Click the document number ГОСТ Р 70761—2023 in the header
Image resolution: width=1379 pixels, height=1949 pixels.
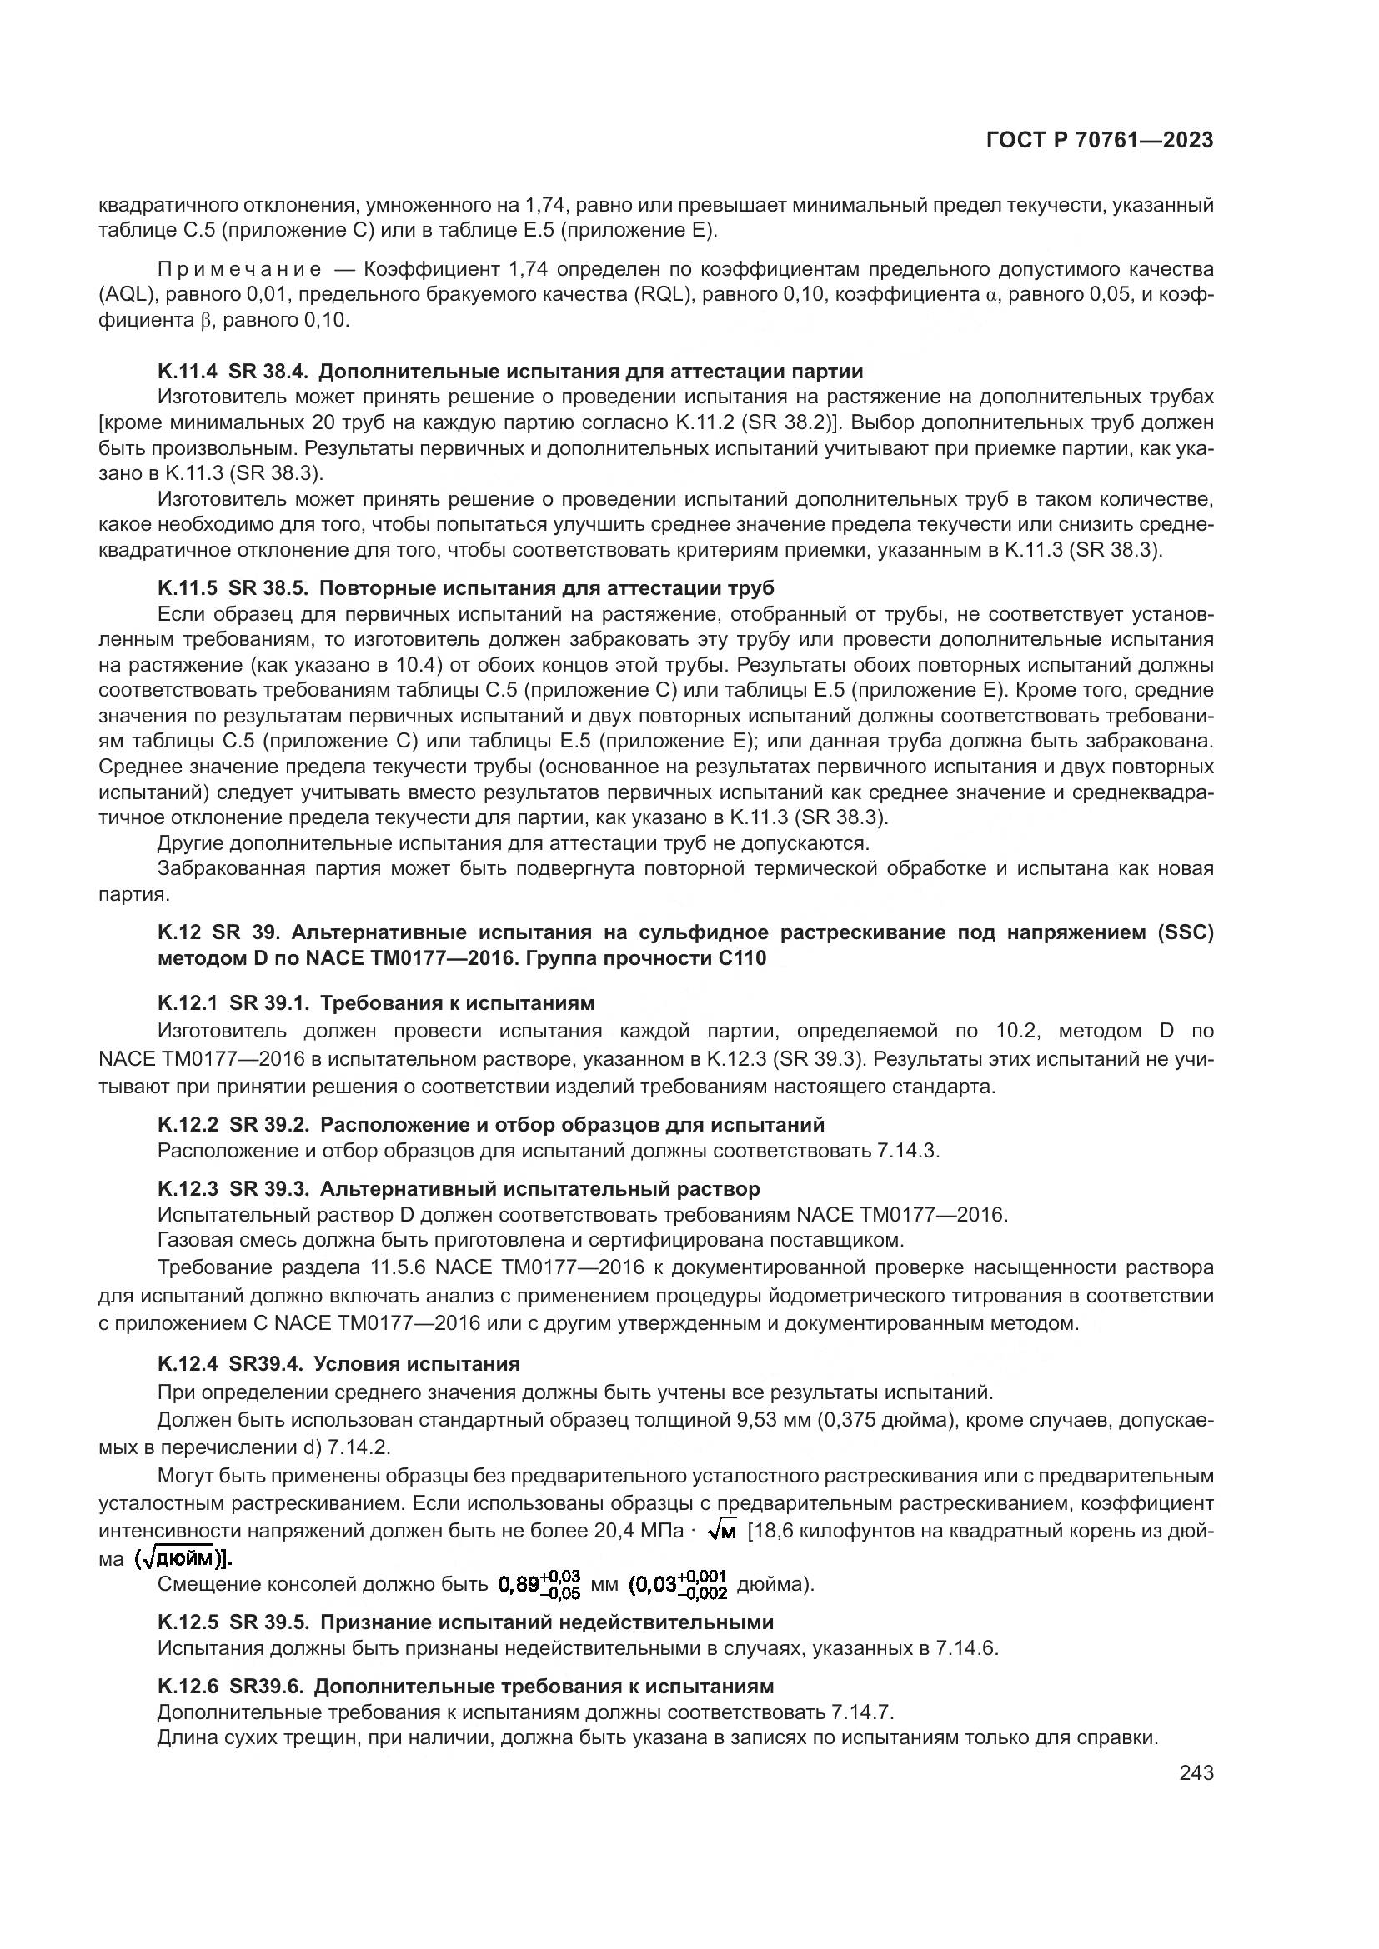click(1100, 141)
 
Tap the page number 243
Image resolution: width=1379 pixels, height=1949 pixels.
click(1196, 1772)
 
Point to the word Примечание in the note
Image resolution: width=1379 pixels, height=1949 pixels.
click(239, 270)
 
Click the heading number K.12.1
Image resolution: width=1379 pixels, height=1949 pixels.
click(187, 1003)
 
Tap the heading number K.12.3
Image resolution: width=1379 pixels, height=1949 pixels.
click(187, 1189)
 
